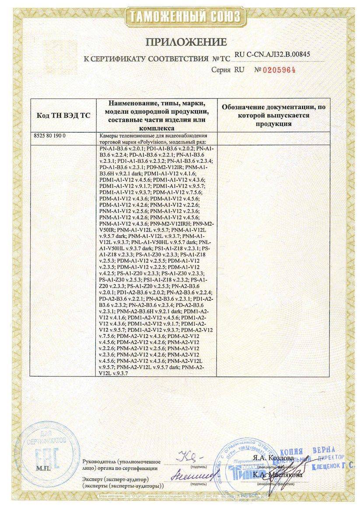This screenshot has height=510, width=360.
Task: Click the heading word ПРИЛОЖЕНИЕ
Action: tap(186, 42)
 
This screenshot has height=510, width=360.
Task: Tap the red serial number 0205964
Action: tap(277, 70)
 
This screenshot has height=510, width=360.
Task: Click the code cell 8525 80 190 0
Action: tap(49, 136)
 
